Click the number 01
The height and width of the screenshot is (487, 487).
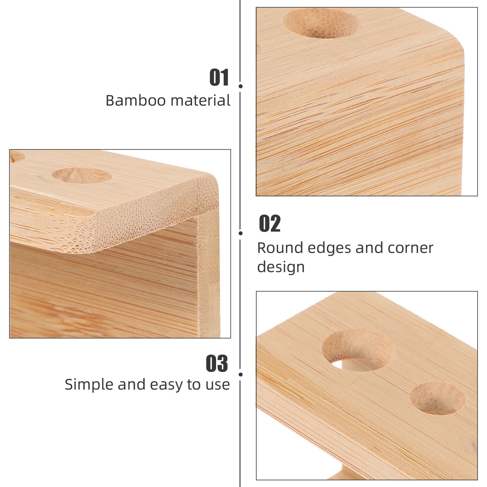coord(219,78)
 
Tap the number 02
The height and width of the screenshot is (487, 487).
coord(270,224)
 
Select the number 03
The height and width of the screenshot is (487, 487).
coord(217,363)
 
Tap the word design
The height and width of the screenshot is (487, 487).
coord(281,267)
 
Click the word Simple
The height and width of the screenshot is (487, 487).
coord(89,384)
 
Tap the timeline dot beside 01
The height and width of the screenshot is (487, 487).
coord(240,86)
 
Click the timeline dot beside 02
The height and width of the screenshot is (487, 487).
coord(240,233)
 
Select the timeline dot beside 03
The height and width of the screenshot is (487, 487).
coord(240,374)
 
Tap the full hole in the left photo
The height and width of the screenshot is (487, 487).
coord(82,175)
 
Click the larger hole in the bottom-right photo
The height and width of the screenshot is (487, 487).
coord(358,350)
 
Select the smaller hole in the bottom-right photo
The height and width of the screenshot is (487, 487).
coord(437,398)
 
